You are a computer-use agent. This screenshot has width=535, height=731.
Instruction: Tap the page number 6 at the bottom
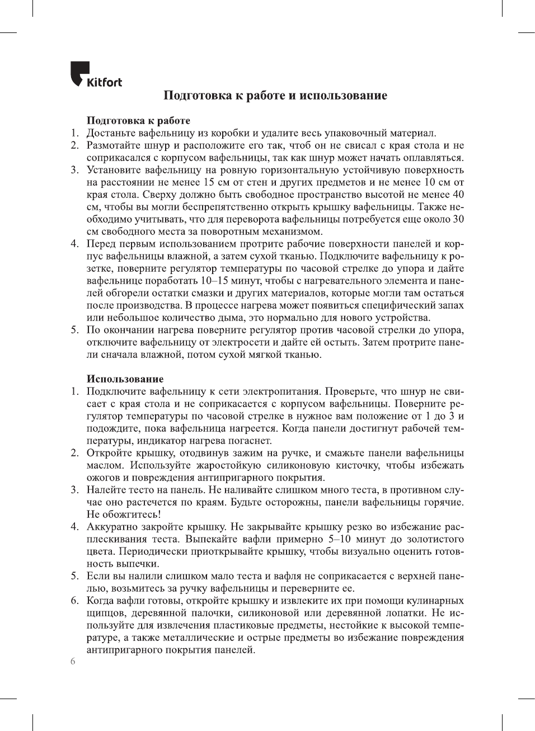click(73, 662)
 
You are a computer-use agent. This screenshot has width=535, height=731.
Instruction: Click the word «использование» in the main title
click(343, 96)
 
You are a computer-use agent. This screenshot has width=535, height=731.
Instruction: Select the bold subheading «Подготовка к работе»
click(138, 120)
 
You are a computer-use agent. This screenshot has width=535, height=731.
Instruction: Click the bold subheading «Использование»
click(125, 379)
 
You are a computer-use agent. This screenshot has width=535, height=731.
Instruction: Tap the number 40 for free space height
click(458, 195)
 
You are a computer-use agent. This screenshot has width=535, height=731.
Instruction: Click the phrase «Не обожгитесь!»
click(123, 515)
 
